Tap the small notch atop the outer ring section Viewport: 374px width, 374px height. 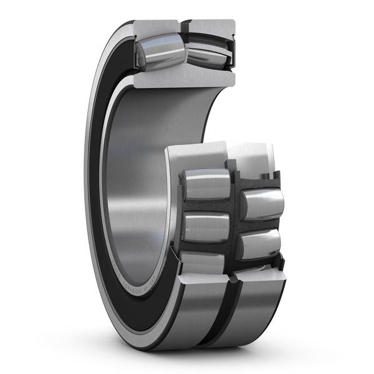pos(185,26)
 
